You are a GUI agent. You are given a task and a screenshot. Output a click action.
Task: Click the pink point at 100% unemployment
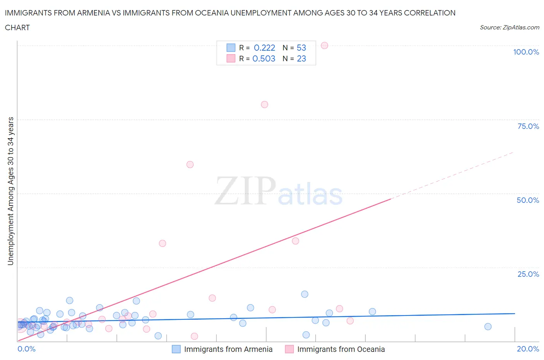pyautogui.click(x=325, y=45)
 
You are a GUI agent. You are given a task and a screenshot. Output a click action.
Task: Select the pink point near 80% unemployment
pyautogui.click(x=265, y=105)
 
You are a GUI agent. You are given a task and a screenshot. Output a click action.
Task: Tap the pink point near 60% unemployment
pyautogui.click(x=190, y=165)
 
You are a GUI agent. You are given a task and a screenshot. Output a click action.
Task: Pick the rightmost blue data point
pyautogui.click(x=488, y=327)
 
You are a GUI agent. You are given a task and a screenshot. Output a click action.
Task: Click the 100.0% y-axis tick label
pyautogui.click(x=526, y=52)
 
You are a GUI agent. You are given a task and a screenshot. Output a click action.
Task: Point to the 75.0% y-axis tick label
pyautogui.click(x=528, y=126)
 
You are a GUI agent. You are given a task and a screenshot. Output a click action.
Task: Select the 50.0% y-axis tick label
pyautogui.click(x=528, y=200)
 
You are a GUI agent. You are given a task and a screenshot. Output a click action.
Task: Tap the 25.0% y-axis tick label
pyautogui.click(x=528, y=274)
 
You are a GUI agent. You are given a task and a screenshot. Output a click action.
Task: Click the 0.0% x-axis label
pyautogui.click(x=26, y=349)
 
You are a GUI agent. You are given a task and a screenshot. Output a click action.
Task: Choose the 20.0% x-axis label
pyautogui.click(x=528, y=349)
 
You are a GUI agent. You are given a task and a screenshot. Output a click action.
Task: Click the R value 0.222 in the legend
pyautogui.click(x=264, y=48)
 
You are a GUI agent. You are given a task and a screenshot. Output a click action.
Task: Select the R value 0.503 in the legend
pyautogui.click(x=264, y=58)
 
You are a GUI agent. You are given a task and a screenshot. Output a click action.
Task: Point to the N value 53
pyautogui.click(x=301, y=48)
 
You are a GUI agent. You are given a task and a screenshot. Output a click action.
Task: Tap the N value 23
pyautogui.click(x=301, y=58)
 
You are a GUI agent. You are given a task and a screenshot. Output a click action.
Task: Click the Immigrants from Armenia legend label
pyautogui.click(x=228, y=349)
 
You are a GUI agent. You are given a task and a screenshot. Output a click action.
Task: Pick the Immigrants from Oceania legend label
pyautogui.click(x=341, y=349)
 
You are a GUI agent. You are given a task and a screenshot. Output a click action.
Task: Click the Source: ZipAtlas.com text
pyautogui.click(x=509, y=27)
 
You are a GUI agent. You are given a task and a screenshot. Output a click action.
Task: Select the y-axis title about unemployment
pyautogui.click(x=10, y=191)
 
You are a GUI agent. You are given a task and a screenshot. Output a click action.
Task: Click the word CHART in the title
pyautogui.click(x=17, y=27)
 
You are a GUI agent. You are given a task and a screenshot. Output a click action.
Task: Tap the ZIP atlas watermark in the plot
pyautogui.click(x=279, y=191)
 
